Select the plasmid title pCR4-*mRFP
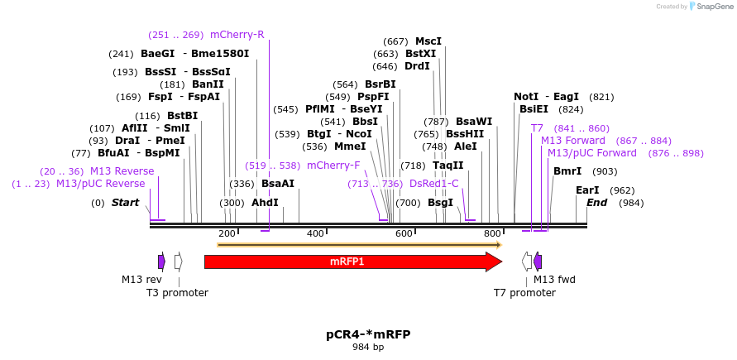pyautogui.click(x=368, y=334)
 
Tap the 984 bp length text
pyautogui.click(x=368, y=348)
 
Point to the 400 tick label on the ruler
pyautogui.click(x=315, y=234)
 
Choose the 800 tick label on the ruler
pyautogui.click(x=492, y=234)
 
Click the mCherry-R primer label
pyautogui.click(x=237, y=35)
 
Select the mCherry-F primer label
pyautogui.click(x=333, y=166)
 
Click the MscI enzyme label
pyautogui.click(x=428, y=41)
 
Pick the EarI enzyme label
pyautogui.click(x=587, y=190)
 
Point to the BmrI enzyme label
pyautogui.click(x=567, y=171)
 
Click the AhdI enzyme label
pyautogui.click(x=265, y=203)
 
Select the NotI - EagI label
pyautogui.click(x=546, y=97)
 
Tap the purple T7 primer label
pyautogui.click(x=537, y=128)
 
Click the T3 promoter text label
pyautogui.click(x=177, y=293)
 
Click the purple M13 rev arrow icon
pyautogui.click(x=161, y=262)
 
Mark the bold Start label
pyautogui.click(x=126, y=203)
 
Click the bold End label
pyautogui.click(x=596, y=203)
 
